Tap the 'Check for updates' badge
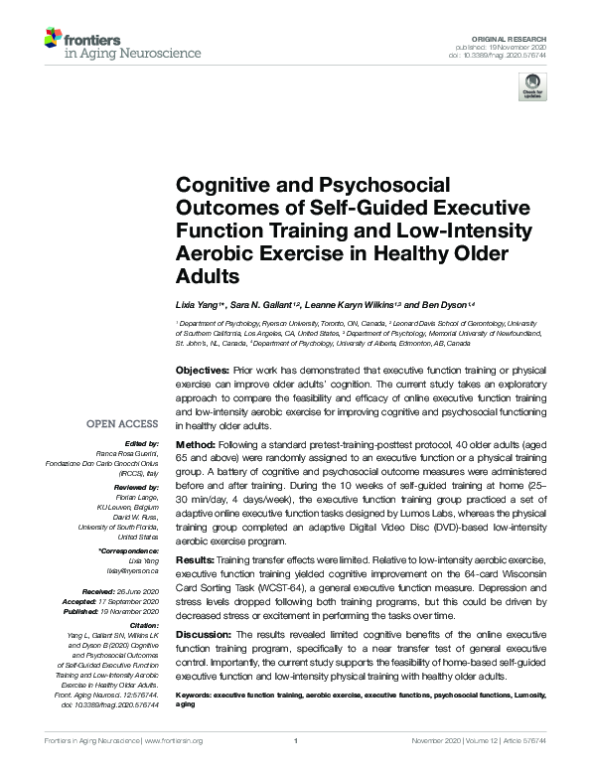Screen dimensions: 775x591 pos(533,86)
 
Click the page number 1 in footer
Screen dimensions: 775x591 pos(295,741)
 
